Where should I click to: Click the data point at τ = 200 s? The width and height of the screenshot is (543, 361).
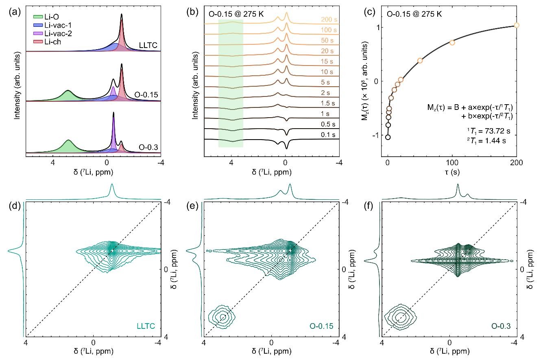(x=517, y=25)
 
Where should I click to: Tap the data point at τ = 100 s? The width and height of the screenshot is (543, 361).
(x=452, y=43)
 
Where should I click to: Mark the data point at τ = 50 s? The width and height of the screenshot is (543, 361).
(x=420, y=61)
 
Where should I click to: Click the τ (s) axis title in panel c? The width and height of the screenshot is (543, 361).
(x=452, y=173)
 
